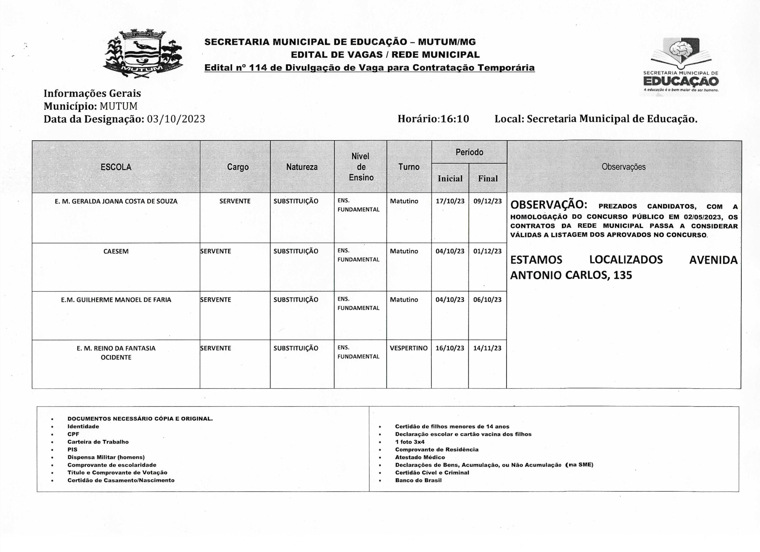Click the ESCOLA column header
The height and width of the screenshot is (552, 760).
coord(116,167)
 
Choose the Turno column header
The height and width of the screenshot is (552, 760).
coord(409,167)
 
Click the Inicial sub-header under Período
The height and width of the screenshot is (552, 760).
coord(450,179)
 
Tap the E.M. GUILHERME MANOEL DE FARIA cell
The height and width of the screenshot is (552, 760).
coord(116,300)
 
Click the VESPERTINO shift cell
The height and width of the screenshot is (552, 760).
coord(408,348)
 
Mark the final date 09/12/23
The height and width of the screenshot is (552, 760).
coord(487,201)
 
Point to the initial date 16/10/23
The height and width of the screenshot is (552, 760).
coord(450,348)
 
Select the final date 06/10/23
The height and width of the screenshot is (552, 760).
coord(487,300)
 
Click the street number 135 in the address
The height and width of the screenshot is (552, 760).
coord(623,275)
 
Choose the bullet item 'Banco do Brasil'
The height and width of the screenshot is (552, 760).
coord(418,480)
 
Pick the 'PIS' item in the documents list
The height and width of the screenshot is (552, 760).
coord(72,450)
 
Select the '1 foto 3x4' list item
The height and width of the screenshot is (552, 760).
coord(409,442)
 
